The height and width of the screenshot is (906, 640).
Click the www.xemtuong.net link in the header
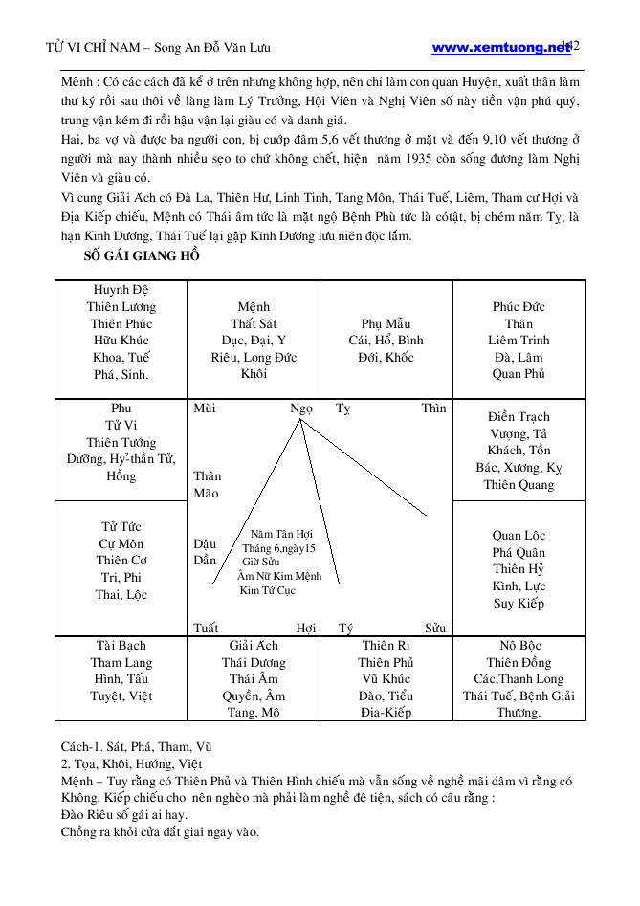click(500, 47)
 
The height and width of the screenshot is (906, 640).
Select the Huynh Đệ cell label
click(121, 289)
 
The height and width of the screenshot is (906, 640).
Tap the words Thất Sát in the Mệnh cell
click(254, 323)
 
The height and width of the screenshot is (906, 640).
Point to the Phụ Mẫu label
click(386, 323)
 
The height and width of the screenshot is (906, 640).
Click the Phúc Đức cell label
click(519, 306)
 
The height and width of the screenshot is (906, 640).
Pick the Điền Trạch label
click(519, 416)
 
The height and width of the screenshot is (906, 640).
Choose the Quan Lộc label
click(519, 535)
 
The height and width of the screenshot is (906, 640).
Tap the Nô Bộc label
click(519, 645)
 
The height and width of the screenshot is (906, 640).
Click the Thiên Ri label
click(386, 645)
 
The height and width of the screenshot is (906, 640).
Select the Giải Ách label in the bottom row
click(254, 645)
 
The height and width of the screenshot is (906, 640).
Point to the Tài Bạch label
click(121, 645)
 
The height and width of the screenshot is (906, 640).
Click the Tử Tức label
click(121, 526)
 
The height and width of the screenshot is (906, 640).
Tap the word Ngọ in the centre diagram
click(301, 409)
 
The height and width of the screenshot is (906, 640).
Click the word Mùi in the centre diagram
click(204, 409)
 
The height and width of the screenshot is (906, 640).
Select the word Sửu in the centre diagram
click(435, 629)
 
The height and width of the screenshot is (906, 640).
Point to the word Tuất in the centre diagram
click(206, 629)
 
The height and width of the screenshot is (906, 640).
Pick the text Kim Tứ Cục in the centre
click(267, 590)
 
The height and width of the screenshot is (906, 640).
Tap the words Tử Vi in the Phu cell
click(121, 425)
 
